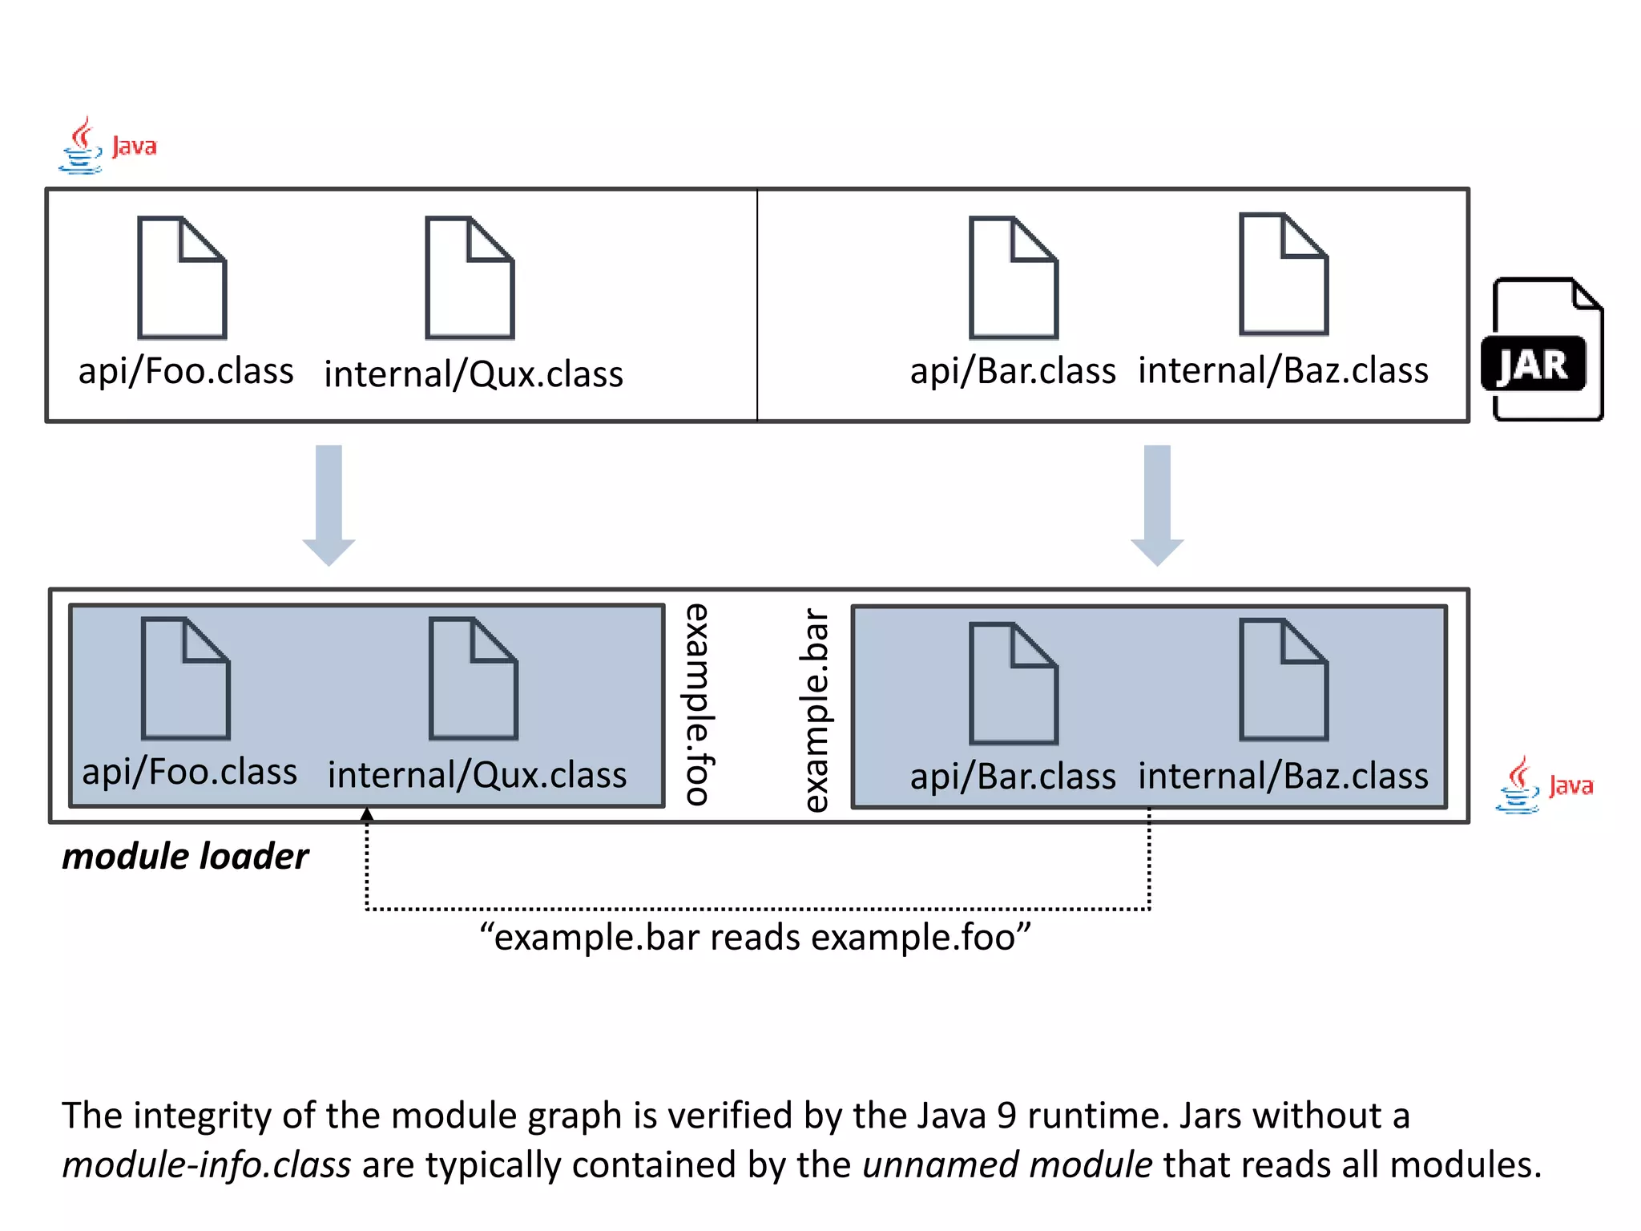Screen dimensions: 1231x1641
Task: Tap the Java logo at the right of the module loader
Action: tap(1544, 785)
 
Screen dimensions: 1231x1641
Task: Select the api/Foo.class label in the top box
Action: tap(186, 371)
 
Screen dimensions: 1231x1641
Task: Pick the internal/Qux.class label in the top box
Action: tap(474, 374)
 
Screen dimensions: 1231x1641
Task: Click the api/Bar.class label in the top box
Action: tap(1012, 371)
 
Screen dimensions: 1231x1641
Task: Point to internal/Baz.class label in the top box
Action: tap(1283, 370)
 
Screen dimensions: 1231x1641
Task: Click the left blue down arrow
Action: tap(329, 505)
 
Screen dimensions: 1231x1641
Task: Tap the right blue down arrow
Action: tap(1157, 505)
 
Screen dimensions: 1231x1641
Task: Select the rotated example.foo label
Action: tap(697, 704)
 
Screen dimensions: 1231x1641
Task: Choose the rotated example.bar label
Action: tap(815, 710)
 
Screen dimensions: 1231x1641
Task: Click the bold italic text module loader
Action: tap(185, 856)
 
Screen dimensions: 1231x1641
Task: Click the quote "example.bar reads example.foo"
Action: tap(755, 937)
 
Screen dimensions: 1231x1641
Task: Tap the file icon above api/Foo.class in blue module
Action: tap(186, 679)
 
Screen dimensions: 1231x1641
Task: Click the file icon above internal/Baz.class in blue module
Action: tap(1284, 680)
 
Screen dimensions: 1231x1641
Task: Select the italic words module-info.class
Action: tap(207, 1164)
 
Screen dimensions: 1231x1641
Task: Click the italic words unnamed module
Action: tap(1007, 1164)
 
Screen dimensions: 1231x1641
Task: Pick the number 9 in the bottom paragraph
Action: tap(1006, 1116)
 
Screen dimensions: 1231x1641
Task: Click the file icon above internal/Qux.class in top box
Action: tap(470, 277)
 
